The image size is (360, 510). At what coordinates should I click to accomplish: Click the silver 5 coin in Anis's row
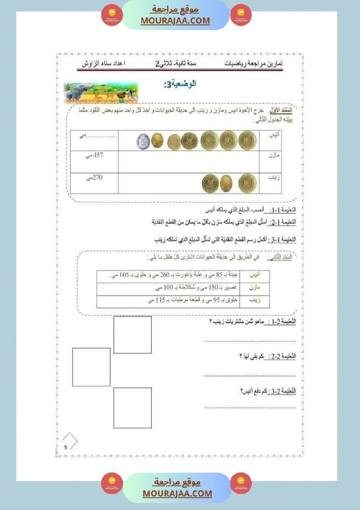pos(143,141)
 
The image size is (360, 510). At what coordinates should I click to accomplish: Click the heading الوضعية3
pos(179,84)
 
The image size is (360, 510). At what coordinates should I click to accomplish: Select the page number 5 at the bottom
pos(65,447)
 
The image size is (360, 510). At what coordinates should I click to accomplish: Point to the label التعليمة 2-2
pos(283,356)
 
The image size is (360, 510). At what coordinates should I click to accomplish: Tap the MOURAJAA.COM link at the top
pos(175,21)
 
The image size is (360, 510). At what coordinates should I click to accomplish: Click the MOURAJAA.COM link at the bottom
pos(177,493)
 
